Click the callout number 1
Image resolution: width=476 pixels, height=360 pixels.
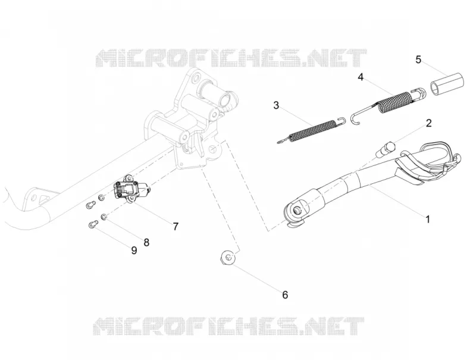tap(427, 219)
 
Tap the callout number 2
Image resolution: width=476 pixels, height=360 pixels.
tap(428, 123)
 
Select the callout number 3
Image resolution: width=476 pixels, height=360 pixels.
tap(276, 106)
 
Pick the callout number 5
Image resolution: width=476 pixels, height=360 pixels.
tap(418, 60)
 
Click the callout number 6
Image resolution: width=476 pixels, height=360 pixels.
tap(285, 295)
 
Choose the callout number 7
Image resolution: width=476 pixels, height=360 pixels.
tap(176, 227)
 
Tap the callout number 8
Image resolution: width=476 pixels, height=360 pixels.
tap(146, 242)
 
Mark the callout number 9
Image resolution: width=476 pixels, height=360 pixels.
tap(134, 251)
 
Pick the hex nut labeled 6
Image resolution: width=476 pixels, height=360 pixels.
tap(228, 258)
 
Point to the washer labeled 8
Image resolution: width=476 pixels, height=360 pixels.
tap(104, 217)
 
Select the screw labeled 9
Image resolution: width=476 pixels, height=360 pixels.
tap(93, 224)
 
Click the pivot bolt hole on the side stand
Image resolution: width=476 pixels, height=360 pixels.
tap(296, 209)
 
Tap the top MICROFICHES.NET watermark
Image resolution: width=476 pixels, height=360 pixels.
tap(231, 58)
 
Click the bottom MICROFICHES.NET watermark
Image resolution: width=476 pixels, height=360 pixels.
tap(228, 326)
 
